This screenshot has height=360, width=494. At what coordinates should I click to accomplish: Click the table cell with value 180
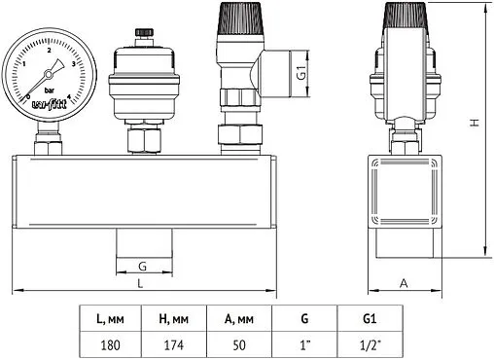pos(111,344)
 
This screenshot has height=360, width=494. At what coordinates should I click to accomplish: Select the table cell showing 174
pos(174,344)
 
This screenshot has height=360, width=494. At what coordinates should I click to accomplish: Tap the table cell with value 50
pos(239,344)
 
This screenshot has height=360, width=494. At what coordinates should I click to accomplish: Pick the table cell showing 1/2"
pos(370,344)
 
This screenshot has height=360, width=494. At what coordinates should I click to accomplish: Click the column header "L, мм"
pos(111,318)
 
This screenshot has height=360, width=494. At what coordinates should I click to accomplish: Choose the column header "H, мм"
pos(174,318)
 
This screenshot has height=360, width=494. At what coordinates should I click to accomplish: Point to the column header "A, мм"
pos(239,318)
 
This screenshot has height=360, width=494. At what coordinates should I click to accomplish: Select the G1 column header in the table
pos(370,318)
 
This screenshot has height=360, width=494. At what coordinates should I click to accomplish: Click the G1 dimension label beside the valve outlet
pos(301,72)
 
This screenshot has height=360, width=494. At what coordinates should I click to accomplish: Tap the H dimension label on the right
pos(475,123)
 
